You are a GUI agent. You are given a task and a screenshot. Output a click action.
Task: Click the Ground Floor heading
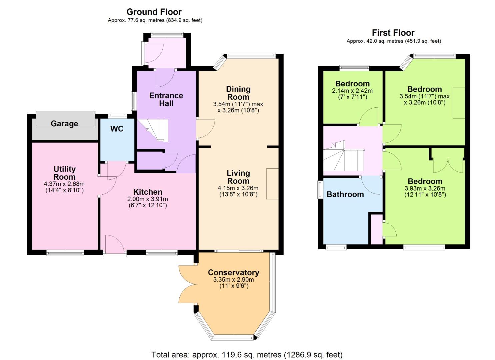click(154, 12)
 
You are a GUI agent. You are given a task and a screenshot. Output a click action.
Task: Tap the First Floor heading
click(393, 33)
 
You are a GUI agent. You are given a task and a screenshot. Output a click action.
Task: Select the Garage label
click(64, 124)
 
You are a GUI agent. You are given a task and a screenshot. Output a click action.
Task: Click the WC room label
click(117, 129)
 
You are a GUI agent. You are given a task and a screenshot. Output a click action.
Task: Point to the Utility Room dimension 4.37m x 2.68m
click(64, 184)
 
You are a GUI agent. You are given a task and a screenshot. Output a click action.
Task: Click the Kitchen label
click(148, 192)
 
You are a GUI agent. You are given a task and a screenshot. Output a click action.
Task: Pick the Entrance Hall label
click(166, 99)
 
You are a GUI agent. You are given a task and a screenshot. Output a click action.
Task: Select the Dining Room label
click(238, 93)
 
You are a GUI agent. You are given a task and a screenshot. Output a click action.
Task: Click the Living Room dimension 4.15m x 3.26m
click(238, 188)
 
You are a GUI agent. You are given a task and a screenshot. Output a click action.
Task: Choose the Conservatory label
click(234, 272)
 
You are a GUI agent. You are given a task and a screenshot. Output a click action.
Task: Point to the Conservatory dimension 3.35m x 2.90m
click(234, 280)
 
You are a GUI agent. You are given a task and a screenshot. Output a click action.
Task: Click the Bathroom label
click(345, 194)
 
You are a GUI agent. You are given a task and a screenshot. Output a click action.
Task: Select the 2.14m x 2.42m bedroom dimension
click(352, 91)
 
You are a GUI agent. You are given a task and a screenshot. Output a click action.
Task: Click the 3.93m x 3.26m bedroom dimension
click(425, 189)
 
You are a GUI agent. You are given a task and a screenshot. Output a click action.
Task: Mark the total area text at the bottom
click(247, 355)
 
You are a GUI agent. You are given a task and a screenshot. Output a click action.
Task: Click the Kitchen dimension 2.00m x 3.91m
click(148, 199)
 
